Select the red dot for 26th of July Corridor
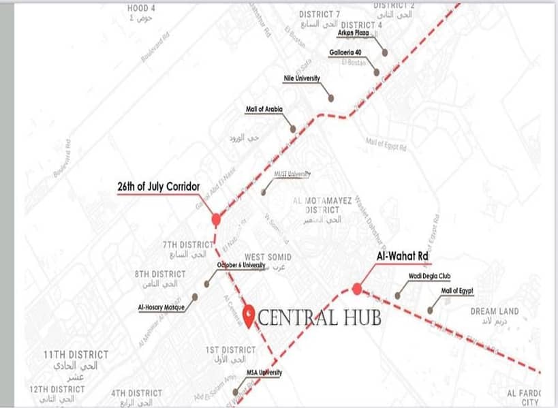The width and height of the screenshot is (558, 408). pos(216,219)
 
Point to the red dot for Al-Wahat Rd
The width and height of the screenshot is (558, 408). pos(357,289)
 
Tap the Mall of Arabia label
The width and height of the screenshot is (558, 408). pos(264,109)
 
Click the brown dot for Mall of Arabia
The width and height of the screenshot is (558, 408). pos(293,129)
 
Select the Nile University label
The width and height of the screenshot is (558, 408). pos(301,78)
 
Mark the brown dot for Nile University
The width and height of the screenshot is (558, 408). pos(331,98)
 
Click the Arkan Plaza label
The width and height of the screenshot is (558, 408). pos(354,32)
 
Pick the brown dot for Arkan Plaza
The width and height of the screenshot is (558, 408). pos(385,52)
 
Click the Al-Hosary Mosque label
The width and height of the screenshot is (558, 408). pos(161,307)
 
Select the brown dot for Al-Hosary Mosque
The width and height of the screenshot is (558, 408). pos(195,297)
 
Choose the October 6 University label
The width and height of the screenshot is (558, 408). pos(241,266)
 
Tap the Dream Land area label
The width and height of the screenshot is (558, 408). pos(494,311)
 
